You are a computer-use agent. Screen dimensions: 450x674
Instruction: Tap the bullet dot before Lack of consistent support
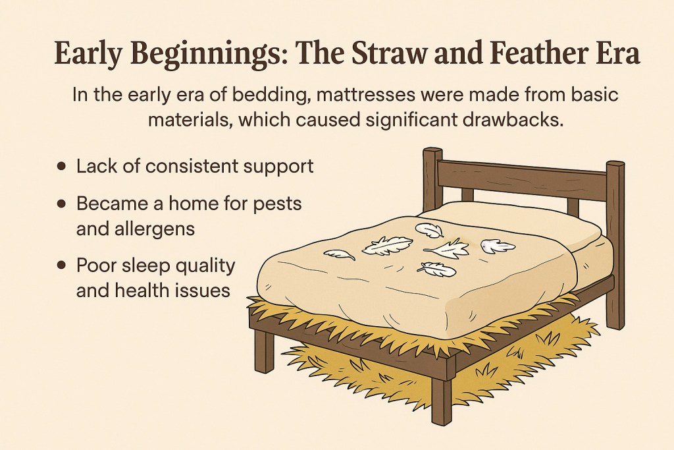pos(61,166)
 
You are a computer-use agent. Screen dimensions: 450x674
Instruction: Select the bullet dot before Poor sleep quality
pos(61,266)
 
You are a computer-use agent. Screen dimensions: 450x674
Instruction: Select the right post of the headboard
pos(615,244)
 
